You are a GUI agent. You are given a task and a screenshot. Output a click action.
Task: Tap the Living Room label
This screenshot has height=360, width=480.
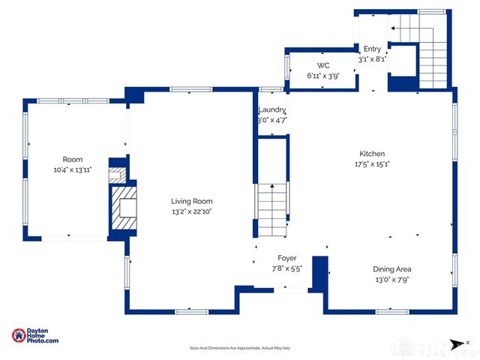[191, 201]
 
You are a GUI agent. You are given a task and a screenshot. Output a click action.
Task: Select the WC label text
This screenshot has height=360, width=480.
[323, 65]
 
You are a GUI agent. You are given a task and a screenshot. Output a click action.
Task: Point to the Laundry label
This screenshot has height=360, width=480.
[272, 109]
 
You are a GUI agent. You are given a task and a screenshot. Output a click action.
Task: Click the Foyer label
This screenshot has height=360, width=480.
[287, 257]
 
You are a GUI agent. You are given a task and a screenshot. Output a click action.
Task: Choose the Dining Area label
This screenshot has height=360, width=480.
[392, 269]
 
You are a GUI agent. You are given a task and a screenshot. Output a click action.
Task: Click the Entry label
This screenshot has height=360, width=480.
[373, 49]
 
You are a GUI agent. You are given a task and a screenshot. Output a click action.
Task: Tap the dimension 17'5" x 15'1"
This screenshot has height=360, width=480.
[372, 163]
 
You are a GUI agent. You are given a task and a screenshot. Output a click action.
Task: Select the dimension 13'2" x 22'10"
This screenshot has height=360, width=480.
[191, 212]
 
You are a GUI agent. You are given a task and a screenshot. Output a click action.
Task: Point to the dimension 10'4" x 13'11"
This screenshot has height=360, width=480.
[72, 170]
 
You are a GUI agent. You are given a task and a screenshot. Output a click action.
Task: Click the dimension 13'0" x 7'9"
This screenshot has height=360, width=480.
[392, 280]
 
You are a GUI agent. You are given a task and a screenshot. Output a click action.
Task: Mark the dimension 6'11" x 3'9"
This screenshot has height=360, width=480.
[323, 76]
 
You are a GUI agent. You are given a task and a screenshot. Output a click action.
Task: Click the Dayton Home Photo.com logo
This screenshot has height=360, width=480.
[35, 336]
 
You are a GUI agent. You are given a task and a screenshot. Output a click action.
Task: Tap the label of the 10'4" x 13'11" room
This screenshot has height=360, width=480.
[72, 159]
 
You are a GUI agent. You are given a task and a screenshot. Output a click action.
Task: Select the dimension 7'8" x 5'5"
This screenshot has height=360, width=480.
[287, 268]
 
